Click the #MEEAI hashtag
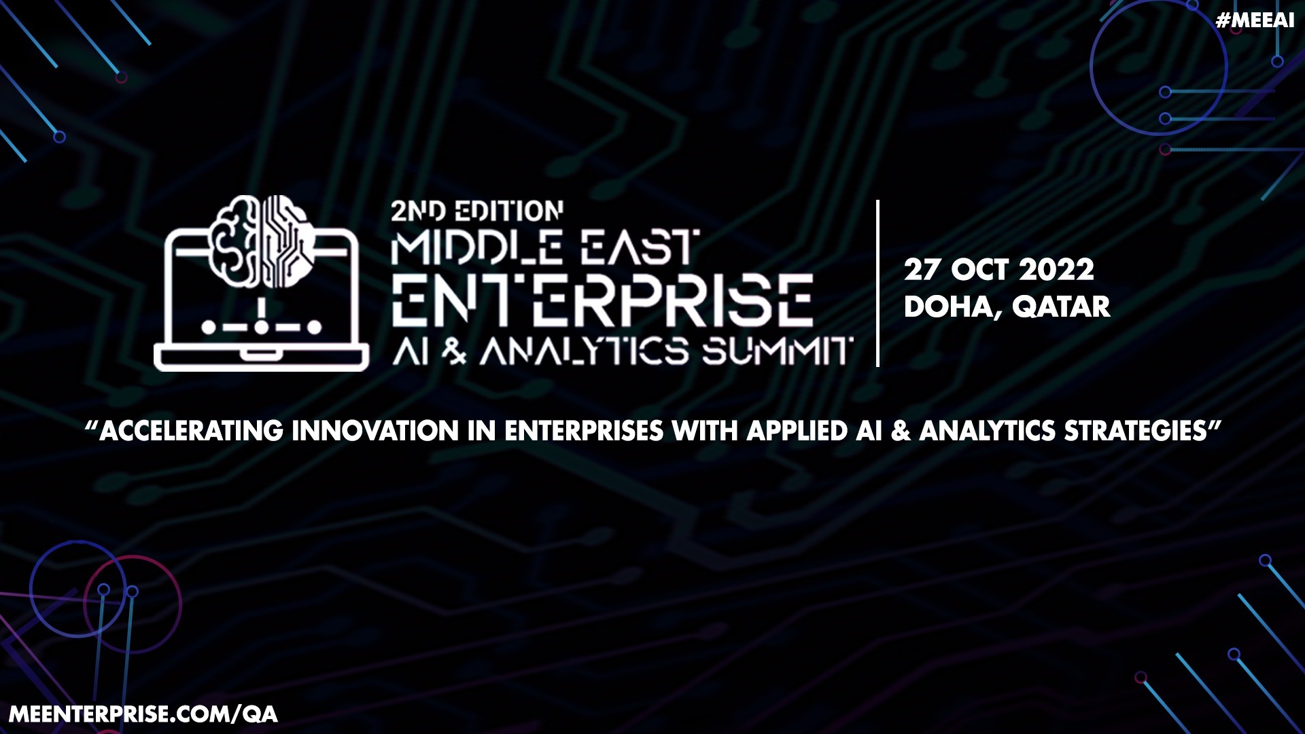point(1255,20)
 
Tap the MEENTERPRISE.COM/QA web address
point(143,714)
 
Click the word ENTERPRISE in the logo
point(602,299)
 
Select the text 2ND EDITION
point(476,211)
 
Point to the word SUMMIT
point(776,351)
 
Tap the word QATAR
point(1061,307)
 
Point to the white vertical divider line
point(878,283)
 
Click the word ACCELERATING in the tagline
point(191,431)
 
